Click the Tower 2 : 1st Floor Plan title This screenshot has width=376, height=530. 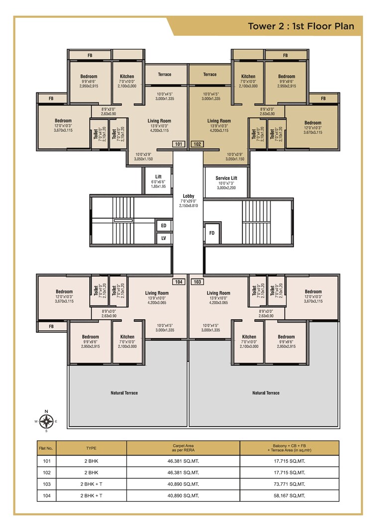301,26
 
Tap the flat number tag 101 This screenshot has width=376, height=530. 178,144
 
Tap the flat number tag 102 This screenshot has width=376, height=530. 197,144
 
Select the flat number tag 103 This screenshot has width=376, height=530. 197,282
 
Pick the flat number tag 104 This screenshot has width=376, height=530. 178,282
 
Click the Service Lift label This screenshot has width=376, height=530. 226,178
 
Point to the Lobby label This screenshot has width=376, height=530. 188,196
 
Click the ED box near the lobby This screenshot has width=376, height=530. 163,225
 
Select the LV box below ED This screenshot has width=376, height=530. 163,239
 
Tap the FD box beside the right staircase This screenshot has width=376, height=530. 212,233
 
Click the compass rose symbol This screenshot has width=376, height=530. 46,421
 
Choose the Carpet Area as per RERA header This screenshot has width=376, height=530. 183,447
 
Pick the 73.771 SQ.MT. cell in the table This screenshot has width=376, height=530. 289,483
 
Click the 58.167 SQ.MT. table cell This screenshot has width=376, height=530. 289,495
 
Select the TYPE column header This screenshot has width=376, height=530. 91,448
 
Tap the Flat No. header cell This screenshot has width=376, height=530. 46,448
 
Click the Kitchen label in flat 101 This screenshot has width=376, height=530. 127,77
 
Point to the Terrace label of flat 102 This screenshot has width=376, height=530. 210,75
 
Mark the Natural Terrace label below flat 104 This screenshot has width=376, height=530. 124,393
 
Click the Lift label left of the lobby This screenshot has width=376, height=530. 158,177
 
